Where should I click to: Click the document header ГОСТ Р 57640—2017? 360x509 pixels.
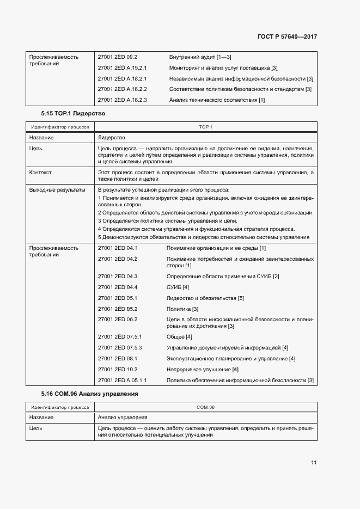(286, 37)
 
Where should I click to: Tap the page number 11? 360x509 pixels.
(314, 463)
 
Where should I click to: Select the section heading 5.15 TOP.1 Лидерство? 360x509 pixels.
(72, 114)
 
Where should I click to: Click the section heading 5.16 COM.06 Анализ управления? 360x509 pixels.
(90, 393)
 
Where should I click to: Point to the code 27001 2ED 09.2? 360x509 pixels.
(117, 57)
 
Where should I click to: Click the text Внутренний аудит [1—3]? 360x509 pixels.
(200, 57)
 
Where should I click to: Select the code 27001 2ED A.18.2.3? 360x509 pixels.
(123, 100)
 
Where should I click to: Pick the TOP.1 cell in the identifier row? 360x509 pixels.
(205, 127)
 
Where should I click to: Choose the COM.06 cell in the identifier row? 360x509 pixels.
(205, 407)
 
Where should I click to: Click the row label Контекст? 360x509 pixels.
(41, 172)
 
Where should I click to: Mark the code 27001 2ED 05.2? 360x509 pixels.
(117, 309)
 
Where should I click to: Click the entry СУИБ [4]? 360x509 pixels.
(178, 287)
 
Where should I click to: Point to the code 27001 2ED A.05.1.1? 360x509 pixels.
(123, 380)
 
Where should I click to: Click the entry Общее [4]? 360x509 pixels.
(179, 337)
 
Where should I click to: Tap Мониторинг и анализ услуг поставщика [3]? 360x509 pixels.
(223, 68)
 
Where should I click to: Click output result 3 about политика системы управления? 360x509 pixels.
(167, 221)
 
